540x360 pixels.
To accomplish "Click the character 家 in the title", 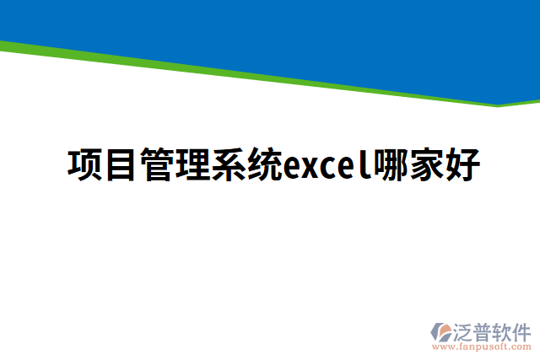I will point(427,165).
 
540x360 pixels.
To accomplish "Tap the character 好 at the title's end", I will point(463,165).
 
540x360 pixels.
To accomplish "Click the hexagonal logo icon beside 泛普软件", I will point(442,331).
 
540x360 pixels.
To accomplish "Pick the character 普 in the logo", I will point(484,330).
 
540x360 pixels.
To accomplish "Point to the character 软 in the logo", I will point(503,330).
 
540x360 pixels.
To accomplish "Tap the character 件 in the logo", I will point(521,330).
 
